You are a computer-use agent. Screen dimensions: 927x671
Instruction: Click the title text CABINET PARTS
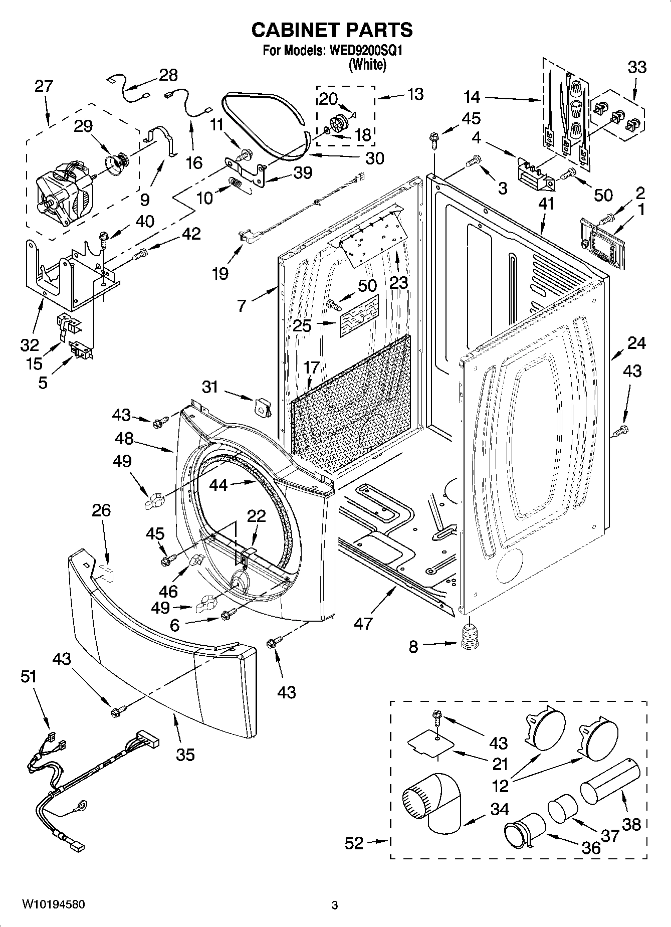(x=331, y=30)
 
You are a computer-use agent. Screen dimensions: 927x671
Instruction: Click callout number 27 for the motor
(x=44, y=86)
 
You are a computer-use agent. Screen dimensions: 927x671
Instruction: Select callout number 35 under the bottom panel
(x=185, y=755)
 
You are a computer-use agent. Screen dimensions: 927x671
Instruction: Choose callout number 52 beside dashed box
(x=354, y=843)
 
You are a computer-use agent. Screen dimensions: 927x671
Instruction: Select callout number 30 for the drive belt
(x=374, y=158)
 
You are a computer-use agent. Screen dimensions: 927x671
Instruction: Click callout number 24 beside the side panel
(x=636, y=343)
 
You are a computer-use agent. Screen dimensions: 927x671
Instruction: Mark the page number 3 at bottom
(x=334, y=905)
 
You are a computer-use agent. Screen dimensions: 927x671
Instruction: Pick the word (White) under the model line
(x=367, y=65)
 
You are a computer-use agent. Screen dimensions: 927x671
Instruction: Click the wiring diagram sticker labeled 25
(x=359, y=316)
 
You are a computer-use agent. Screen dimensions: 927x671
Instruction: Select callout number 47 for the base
(x=363, y=623)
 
